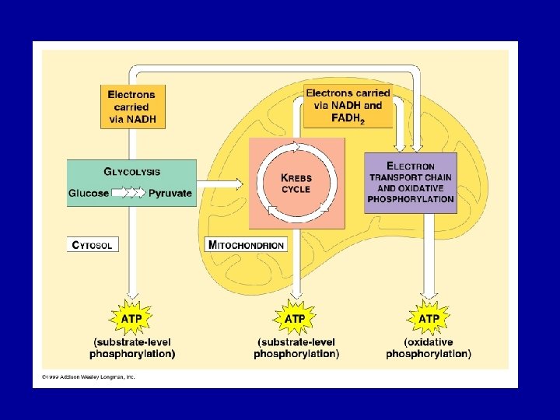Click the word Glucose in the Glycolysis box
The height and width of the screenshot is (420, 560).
[88, 193]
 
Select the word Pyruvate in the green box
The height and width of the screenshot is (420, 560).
[170, 193]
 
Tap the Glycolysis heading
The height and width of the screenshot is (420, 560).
[132, 171]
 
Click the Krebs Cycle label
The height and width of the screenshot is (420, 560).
[296, 184]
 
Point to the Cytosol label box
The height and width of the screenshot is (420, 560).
[93, 244]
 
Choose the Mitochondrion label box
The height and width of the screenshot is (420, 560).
[247, 244]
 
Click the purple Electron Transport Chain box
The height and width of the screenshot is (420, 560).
[411, 183]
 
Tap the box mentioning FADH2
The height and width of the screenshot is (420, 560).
[348, 107]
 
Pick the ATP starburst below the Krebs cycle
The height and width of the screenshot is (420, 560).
[295, 318]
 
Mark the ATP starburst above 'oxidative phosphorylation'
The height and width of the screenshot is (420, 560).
[429, 318]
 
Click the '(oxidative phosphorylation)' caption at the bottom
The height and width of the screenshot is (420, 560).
[429, 348]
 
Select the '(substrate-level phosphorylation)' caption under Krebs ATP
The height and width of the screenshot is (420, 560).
[296, 348]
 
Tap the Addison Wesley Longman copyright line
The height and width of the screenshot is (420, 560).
[85, 376]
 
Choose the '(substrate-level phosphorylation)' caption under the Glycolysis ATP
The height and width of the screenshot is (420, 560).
[132, 348]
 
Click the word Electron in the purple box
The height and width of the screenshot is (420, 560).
[411, 166]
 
